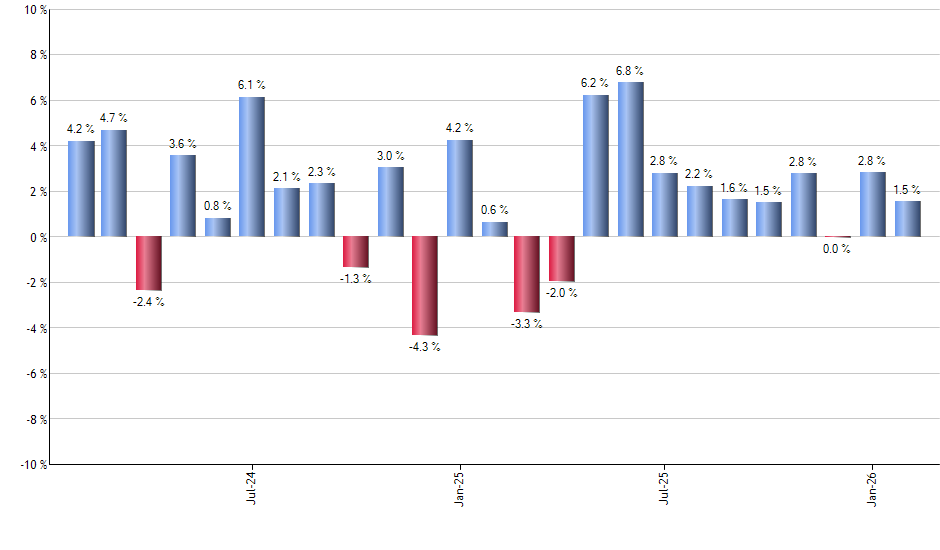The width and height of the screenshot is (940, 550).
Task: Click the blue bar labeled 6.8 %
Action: [x=631, y=159]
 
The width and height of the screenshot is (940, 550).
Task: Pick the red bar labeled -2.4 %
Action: [x=149, y=263]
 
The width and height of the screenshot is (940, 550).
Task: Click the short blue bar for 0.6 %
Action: [x=494, y=229]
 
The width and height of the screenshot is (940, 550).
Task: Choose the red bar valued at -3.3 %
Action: [x=527, y=274]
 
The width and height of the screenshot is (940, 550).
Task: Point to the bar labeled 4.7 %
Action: [x=114, y=183]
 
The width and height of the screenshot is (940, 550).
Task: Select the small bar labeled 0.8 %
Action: [x=218, y=227]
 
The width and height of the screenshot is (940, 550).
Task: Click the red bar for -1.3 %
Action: [x=356, y=251]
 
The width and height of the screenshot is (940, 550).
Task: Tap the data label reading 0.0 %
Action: [x=836, y=249]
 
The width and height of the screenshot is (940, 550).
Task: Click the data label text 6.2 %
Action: [x=595, y=83]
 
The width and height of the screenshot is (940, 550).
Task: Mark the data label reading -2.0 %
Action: [x=561, y=293]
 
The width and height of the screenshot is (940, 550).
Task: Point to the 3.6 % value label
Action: [x=183, y=144]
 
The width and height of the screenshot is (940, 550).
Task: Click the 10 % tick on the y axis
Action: [x=34, y=10]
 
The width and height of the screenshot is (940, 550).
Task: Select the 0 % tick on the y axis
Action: [x=37, y=237]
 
